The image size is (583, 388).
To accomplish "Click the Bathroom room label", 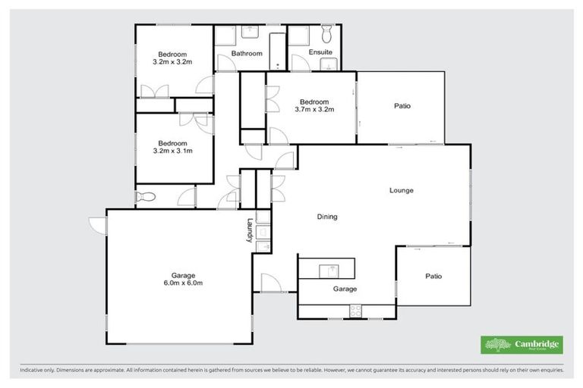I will pyautogui.click(x=247, y=54).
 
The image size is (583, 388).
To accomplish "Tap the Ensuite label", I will pyautogui.click(x=320, y=52).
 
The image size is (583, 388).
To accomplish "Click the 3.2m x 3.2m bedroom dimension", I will pyautogui.click(x=173, y=61).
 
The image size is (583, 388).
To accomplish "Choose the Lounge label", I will pyautogui.click(x=401, y=190).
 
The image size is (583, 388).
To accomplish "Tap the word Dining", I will pyautogui.click(x=326, y=217).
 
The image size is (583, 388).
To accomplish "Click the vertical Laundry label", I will pyautogui.click(x=248, y=230).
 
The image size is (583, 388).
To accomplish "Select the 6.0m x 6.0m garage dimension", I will pyautogui.click(x=183, y=283).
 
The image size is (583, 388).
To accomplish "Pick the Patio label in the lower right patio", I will pyautogui.click(x=433, y=276).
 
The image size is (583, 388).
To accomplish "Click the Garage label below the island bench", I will pyautogui.click(x=345, y=289).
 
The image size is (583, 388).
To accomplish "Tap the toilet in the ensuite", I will pyautogui.click(x=326, y=34).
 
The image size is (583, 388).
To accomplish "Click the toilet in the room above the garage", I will pyautogui.click(x=145, y=197).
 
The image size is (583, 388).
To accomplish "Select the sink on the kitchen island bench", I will pyautogui.click(x=329, y=269).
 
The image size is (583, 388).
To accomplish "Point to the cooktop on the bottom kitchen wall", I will pyautogui.click(x=355, y=310).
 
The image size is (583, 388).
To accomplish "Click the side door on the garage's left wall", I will pyautogui.click(x=96, y=225).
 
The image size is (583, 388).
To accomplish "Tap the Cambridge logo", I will pyautogui.click(x=522, y=345).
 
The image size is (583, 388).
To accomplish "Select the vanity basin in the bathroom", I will pyautogui.click(x=250, y=31).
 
